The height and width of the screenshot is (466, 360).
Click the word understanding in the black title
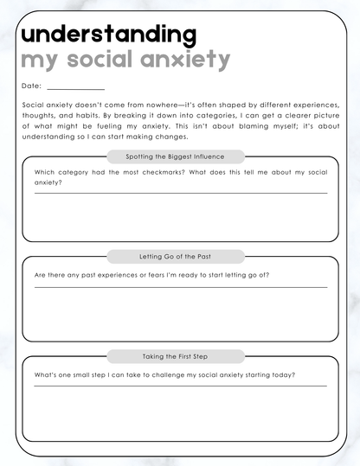pyautogui.click(x=108, y=35)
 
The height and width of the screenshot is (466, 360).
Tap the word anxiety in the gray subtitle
pyautogui.click(x=191, y=61)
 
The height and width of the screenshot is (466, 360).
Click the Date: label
pyautogui.click(x=32, y=86)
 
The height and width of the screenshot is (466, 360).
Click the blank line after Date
pyautogui.click(x=76, y=88)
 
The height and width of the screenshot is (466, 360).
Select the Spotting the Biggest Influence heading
pyautogui.click(x=176, y=156)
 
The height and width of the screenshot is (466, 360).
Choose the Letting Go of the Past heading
pyautogui.click(x=176, y=257)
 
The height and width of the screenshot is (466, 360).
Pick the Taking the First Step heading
pyautogui.click(x=176, y=356)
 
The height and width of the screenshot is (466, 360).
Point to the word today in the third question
pyautogui.click(x=285, y=374)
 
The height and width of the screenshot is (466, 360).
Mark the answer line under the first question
pyautogui.click(x=181, y=193)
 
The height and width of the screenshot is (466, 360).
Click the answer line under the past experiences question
pyautogui.click(x=181, y=286)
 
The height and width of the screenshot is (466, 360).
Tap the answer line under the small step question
pyautogui.click(x=181, y=386)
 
